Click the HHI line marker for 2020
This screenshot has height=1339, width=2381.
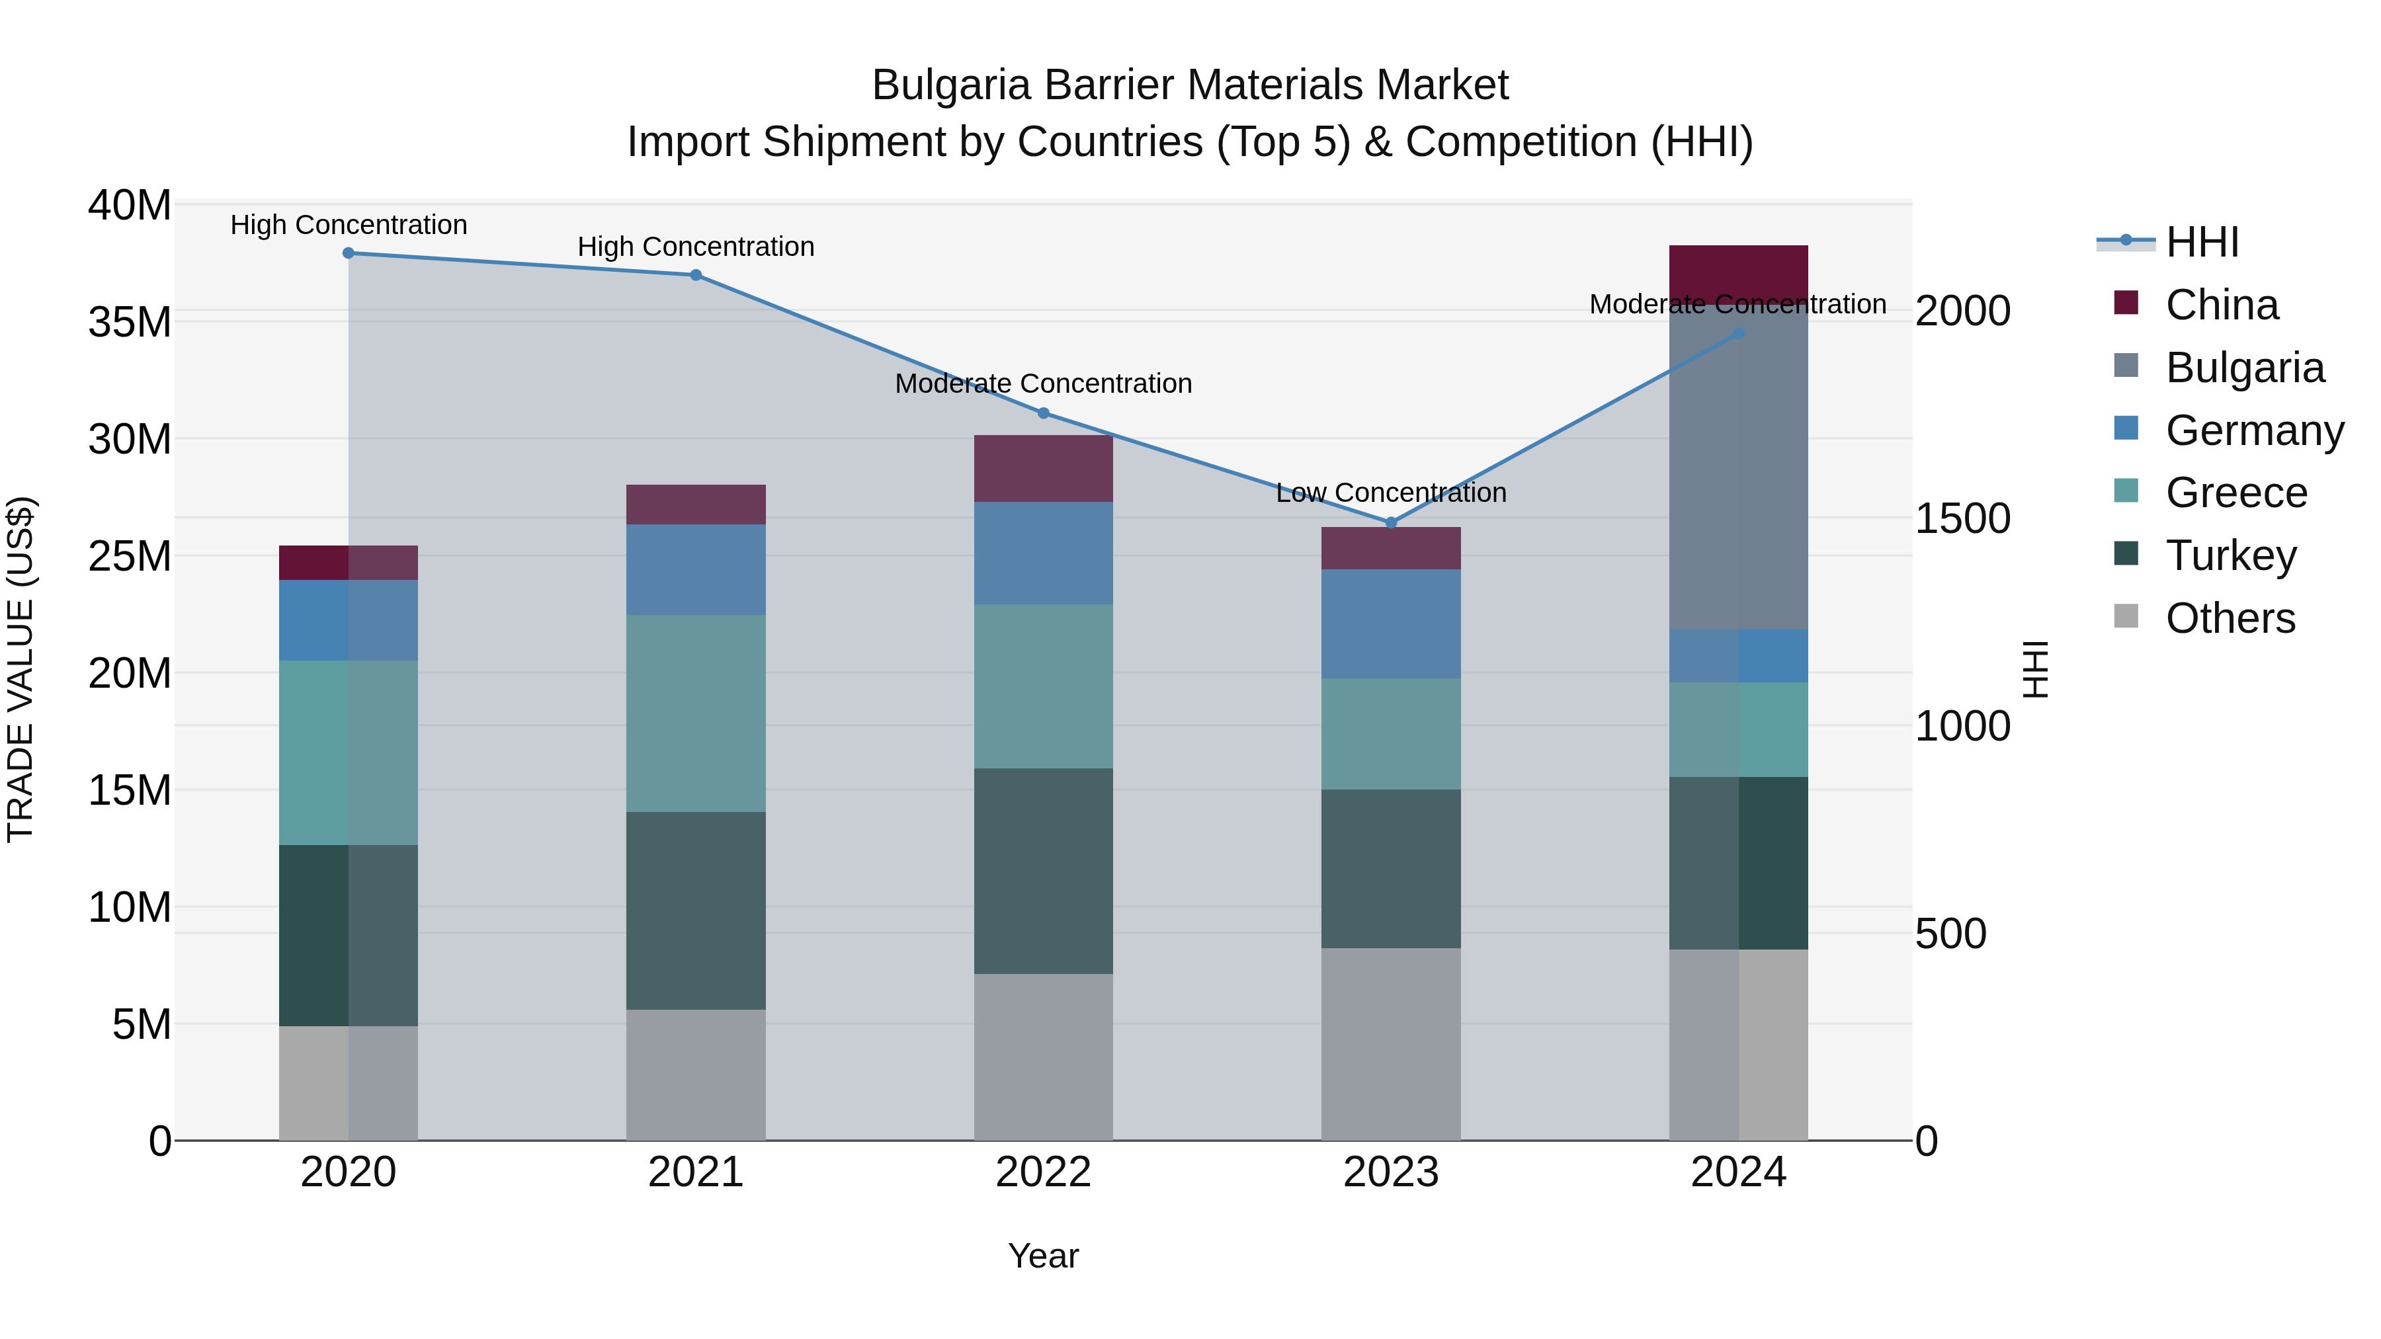349,253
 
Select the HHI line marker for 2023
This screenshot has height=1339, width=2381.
1391,523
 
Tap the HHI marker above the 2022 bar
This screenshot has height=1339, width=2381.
1044,413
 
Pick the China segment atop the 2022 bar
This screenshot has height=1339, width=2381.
1044,469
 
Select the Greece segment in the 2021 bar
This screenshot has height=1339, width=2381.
696,713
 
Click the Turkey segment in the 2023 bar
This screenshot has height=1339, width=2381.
1391,869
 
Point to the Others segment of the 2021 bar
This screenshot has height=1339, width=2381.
696,1075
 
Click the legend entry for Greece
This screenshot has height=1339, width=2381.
2236,493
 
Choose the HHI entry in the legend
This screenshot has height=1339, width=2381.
2202,242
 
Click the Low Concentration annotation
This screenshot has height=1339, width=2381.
1391,493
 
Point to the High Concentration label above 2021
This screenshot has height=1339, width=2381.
696,247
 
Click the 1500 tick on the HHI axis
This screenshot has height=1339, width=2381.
1962,518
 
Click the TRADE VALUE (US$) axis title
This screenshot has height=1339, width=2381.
21,670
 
